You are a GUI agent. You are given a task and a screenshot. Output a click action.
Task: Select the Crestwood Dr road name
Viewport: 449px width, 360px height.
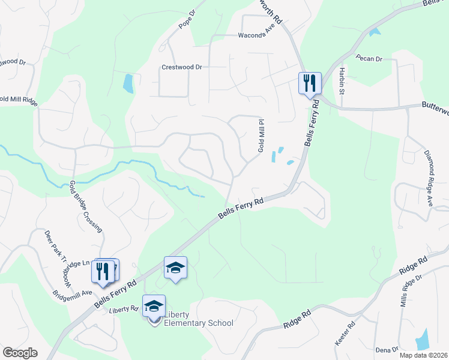coord(181,67)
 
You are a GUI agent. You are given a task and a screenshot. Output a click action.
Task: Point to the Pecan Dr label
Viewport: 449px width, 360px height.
coord(369,59)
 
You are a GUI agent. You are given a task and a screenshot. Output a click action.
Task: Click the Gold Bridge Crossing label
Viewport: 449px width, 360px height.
coord(86,206)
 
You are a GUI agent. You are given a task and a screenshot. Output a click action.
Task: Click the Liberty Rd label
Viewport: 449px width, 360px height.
coord(124,310)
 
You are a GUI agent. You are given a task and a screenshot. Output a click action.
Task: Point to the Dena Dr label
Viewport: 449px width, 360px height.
coord(387,349)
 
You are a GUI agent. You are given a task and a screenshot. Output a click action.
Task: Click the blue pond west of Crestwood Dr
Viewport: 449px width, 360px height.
coord(128,83)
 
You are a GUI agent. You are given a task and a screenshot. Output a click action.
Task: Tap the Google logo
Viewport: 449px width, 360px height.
coord(20,353)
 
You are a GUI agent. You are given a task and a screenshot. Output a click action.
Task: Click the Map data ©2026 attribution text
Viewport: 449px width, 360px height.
coord(423,355)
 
